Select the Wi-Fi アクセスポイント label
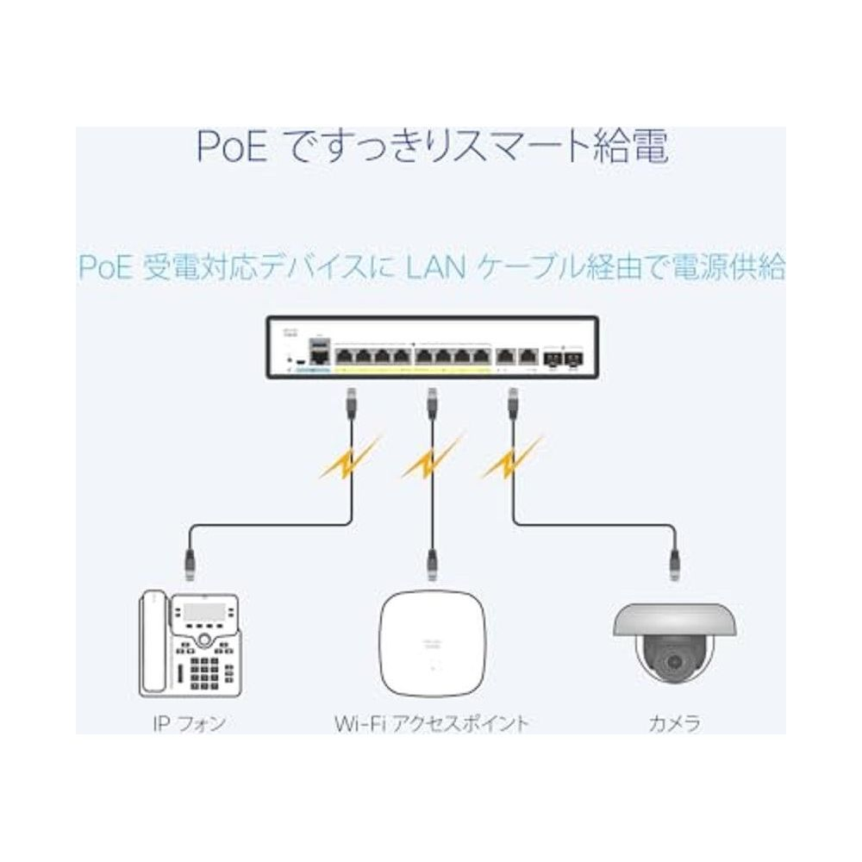pos(431,722)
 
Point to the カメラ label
pos(674,722)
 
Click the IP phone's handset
pos(153,642)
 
